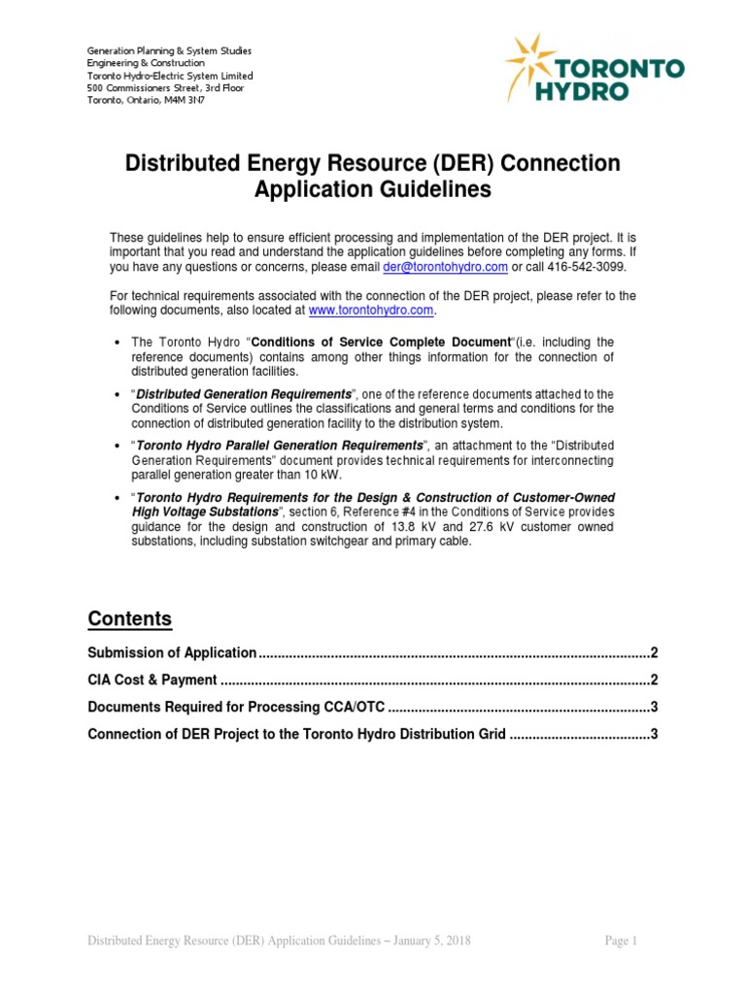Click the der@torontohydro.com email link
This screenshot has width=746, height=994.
(445, 267)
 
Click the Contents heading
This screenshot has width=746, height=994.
(129, 619)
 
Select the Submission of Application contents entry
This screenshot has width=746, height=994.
(172, 652)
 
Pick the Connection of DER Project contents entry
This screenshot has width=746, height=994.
(296, 734)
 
